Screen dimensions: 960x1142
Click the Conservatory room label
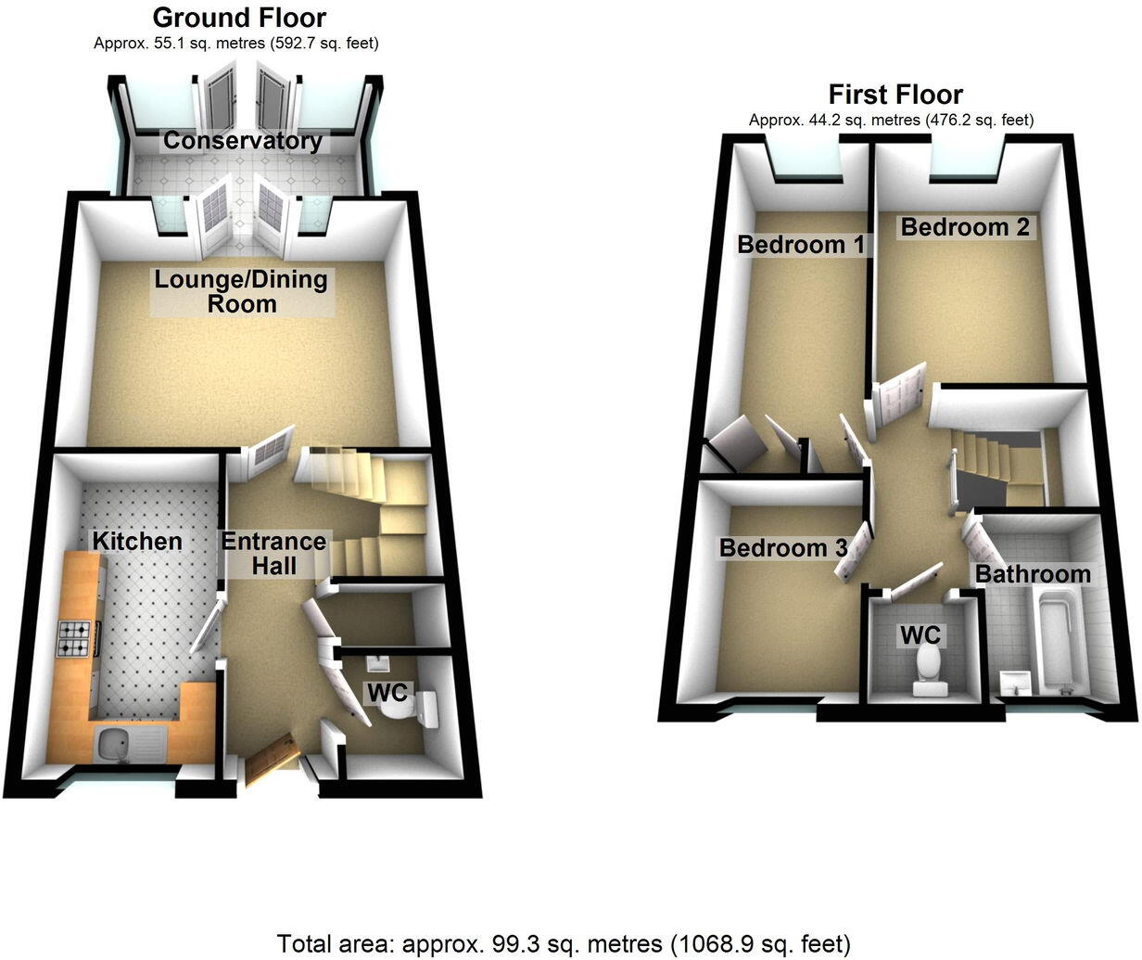(x=243, y=141)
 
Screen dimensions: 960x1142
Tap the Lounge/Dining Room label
(x=241, y=291)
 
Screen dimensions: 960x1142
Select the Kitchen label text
(x=136, y=541)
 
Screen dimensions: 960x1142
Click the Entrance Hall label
(x=273, y=553)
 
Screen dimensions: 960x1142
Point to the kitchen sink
(x=117, y=742)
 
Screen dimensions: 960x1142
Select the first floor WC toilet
(x=926, y=668)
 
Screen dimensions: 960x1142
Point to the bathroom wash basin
(x=1016, y=682)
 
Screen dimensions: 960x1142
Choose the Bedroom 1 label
(x=801, y=244)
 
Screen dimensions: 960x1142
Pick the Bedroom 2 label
(x=965, y=226)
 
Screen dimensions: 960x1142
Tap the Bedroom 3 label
(x=783, y=548)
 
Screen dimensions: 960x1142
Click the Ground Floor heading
(x=239, y=17)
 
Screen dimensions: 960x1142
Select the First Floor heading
(x=895, y=94)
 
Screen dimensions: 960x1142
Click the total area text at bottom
(x=564, y=944)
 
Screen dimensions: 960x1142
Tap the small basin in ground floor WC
(x=377, y=663)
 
